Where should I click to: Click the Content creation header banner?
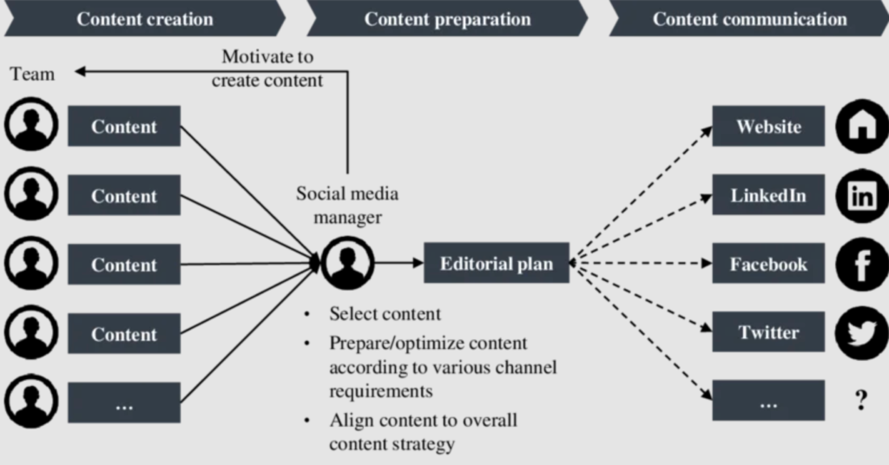(x=143, y=18)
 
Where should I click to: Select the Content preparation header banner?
(x=446, y=18)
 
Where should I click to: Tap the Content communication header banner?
(x=748, y=18)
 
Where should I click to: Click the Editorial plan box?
(x=496, y=263)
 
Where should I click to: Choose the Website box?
(x=768, y=127)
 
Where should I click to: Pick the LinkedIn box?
(x=768, y=195)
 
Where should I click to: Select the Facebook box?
(x=768, y=264)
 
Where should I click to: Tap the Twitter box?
(x=768, y=332)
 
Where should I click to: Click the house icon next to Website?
(x=861, y=127)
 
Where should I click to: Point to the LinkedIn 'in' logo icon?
(x=861, y=196)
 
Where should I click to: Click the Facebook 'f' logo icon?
(x=861, y=265)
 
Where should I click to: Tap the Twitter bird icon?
(x=861, y=333)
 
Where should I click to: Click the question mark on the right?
(x=860, y=400)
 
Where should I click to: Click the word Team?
(x=33, y=74)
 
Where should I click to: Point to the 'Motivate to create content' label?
(x=267, y=69)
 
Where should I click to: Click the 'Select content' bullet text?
(x=385, y=314)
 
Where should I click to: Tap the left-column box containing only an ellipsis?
(x=123, y=403)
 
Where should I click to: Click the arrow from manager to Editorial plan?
(x=398, y=263)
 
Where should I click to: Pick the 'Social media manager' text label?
(x=347, y=205)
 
